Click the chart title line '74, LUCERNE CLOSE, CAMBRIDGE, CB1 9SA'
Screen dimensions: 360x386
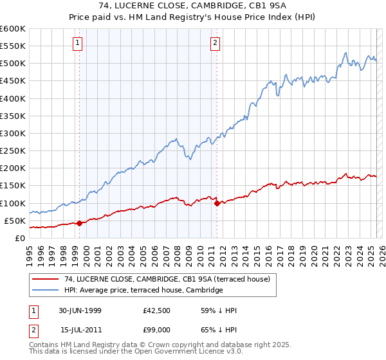pyautogui.click(x=193, y=6)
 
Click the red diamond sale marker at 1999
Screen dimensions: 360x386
pyautogui.click(x=79, y=223)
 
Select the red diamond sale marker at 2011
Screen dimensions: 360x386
pyautogui.click(x=217, y=204)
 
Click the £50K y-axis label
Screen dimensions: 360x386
pyautogui.click(x=15, y=221)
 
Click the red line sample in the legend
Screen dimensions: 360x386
pyautogui.click(x=46, y=279)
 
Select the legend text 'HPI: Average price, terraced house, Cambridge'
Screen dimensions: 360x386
pyautogui.click(x=143, y=291)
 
